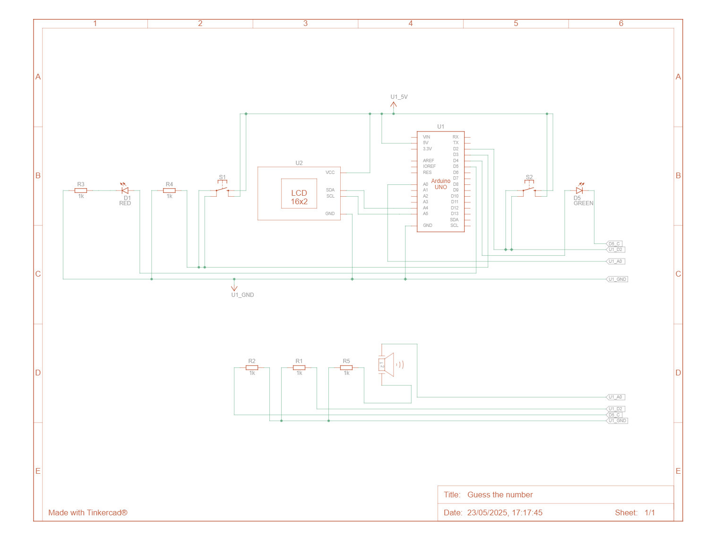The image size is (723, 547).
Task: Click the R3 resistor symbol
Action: pyautogui.click(x=81, y=191)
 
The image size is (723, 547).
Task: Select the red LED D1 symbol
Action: pyautogui.click(x=125, y=191)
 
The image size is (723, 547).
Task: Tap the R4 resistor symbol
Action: pyautogui.click(x=169, y=191)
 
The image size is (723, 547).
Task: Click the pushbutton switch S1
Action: pyautogui.click(x=222, y=190)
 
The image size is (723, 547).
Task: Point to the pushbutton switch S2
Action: pyautogui.click(x=529, y=190)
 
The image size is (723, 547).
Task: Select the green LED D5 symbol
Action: pyautogui.click(x=579, y=191)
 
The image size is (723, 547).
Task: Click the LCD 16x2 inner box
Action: pyautogui.click(x=299, y=193)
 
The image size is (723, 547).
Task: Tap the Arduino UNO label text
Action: pyautogui.click(x=441, y=184)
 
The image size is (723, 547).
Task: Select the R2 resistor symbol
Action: pyautogui.click(x=252, y=367)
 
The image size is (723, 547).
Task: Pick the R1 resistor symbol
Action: pyautogui.click(x=299, y=367)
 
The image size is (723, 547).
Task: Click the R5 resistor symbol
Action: pyautogui.click(x=346, y=367)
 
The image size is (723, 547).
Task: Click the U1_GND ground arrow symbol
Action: pyautogui.click(x=234, y=287)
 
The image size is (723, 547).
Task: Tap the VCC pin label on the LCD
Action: pyautogui.click(x=330, y=173)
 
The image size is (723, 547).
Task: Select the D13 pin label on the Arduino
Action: pyautogui.click(x=455, y=214)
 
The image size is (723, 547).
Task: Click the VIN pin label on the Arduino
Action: pyautogui.click(x=426, y=137)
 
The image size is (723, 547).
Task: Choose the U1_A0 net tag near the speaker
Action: pyautogui.click(x=616, y=397)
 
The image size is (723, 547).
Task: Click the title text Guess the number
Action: pyautogui.click(x=500, y=495)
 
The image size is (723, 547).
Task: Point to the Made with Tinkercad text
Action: pyautogui.click(x=88, y=512)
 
